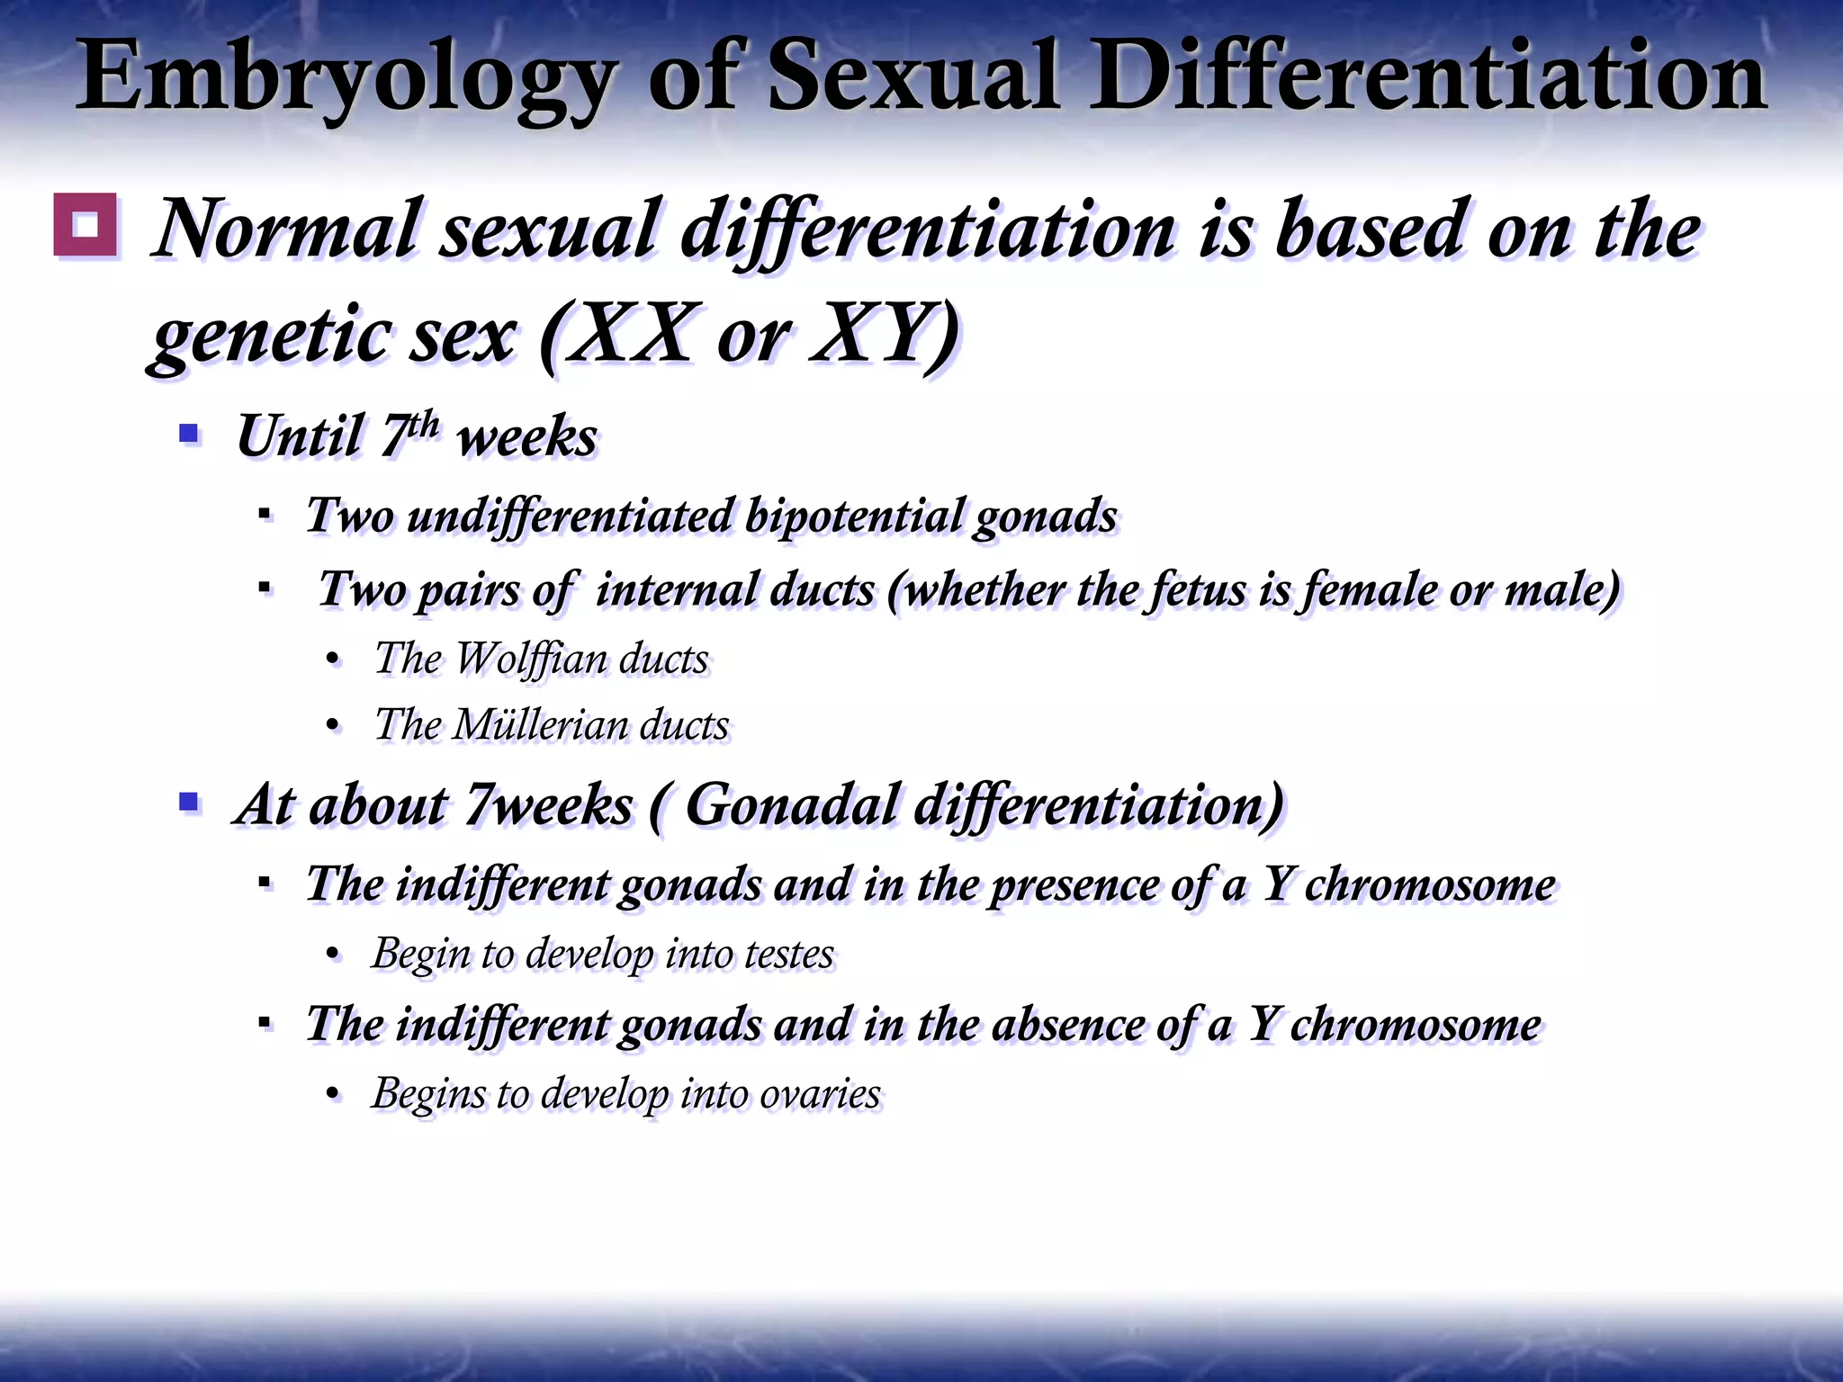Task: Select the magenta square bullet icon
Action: tap(85, 225)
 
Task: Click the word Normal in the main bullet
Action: tap(288, 229)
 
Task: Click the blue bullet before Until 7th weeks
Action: tap(189, 435)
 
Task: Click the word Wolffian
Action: tap(531, 659)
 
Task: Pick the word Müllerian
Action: tap(540, 725)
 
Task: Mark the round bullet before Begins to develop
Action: tap(334, 1095)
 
